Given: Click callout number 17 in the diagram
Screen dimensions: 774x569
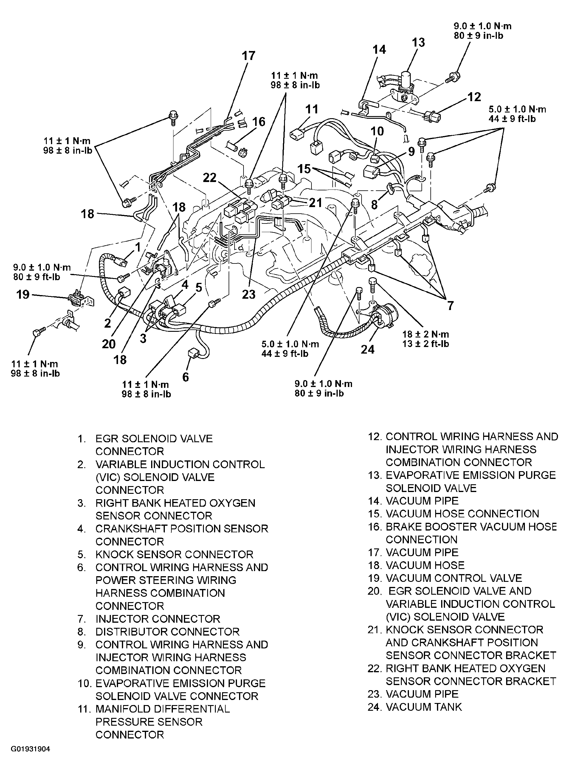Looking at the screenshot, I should (x=248, y=55).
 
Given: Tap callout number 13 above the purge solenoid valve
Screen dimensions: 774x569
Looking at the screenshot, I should (x=418, y=42).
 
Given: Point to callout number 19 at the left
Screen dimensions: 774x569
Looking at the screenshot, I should (x=23, y=295).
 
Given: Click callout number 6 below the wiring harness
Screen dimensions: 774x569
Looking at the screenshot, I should (x=185, y=377).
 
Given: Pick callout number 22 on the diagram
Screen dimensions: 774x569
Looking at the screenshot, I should (x=210, y=178).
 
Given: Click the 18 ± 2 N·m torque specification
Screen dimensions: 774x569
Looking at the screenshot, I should (x=425, y=334).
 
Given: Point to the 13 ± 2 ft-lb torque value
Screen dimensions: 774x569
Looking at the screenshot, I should (x=425, y=344).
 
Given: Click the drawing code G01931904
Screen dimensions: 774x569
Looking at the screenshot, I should (x=30, y=749).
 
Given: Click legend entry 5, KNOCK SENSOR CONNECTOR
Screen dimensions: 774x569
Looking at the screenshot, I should (x=165, y=554).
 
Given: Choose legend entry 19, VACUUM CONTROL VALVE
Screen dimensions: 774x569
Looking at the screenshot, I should (x=445, y=578).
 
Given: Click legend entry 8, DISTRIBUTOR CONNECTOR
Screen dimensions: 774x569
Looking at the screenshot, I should (x=159, y=632).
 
